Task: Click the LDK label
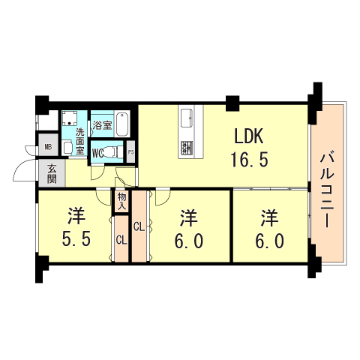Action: pos(249,136)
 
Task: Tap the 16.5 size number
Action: pos(249,160)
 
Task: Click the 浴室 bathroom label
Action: pos(102,125)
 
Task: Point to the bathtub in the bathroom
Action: pos(122,124)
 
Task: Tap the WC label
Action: pos(97,153)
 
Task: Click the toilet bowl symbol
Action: pos(111,151)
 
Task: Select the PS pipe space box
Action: pos(130,152)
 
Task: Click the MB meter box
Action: pos(48,147)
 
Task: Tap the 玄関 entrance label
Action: pos(52,174)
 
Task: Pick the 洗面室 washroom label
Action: pos(80,141)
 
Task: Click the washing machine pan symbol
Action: pos(70,118)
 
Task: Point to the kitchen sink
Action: pos(187,118)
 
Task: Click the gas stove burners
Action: pos(187,148)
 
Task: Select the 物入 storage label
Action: pos(121,202)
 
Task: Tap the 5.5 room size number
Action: pos(76,238)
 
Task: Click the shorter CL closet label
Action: pos(121,240)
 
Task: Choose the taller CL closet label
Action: pos(139,226)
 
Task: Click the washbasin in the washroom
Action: pos(67,148)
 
